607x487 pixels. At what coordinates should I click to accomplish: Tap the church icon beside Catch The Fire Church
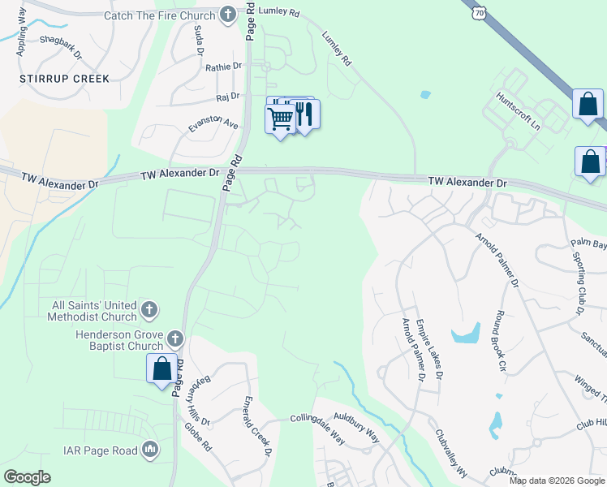tap(228, 14)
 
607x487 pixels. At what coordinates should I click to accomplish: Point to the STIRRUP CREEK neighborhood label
tap(64, 79)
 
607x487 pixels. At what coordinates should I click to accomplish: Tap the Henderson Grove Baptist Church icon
tap(175, 339)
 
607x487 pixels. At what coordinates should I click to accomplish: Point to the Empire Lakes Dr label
tap(428, 349)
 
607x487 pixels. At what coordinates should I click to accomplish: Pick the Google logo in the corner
tap(27, 477)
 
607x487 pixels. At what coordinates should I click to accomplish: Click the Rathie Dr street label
tap(224, 67)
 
